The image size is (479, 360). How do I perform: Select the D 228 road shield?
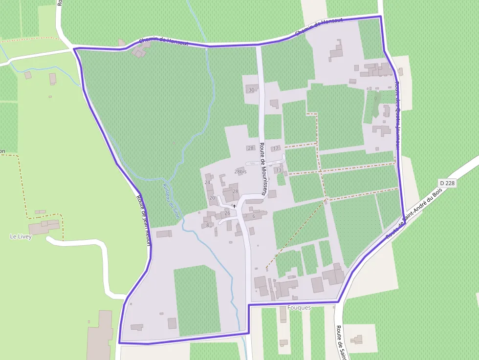[447, 183]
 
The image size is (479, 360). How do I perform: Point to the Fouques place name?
[299, 308]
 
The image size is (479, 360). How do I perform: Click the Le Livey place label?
[21, 236]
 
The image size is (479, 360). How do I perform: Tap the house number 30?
[252, 90]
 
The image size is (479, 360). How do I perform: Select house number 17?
[276, 148]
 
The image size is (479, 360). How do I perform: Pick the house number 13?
[278, 170]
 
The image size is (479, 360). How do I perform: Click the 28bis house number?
[240, 171]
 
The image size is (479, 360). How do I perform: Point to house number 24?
[207, 182]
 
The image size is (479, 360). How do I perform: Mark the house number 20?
[212, 198]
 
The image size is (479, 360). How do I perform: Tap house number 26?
[227, 213]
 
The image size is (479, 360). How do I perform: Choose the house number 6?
[254, 216]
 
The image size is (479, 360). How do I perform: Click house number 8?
[207, 225]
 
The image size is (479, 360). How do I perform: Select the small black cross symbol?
[234, 206]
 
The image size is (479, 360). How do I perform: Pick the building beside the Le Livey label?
[44, 227]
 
